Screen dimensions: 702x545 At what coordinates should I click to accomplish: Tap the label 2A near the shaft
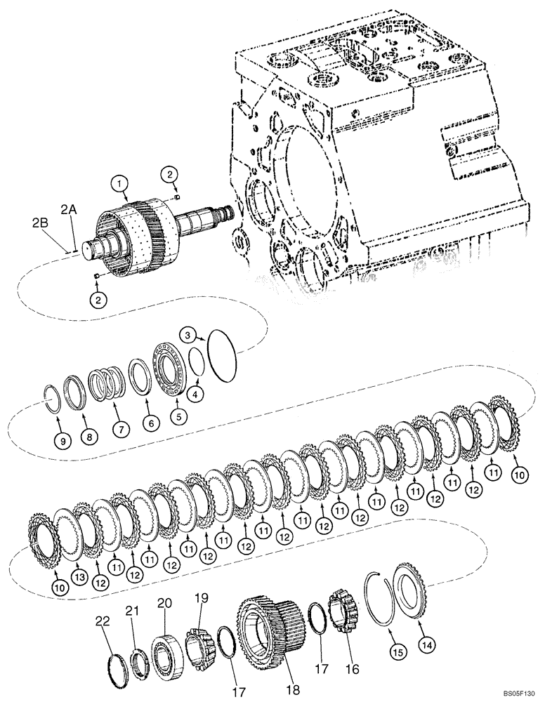[x=67, y=209]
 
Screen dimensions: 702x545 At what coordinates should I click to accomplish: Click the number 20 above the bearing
[x=164, y=604]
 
